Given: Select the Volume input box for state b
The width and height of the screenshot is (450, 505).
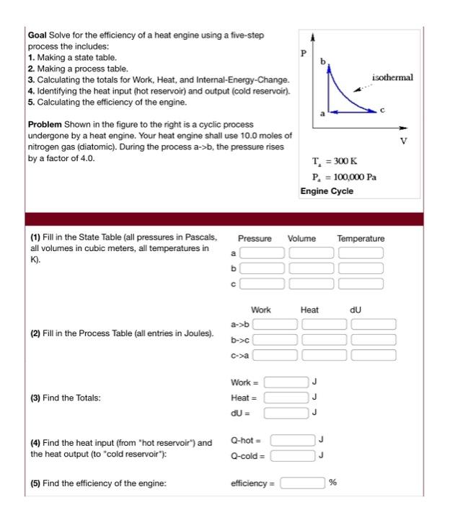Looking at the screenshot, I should click(312, 268).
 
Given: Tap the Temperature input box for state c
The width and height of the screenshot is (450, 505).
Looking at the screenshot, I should click(361, 284).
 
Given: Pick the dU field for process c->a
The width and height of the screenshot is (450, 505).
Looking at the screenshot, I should click(374, 354).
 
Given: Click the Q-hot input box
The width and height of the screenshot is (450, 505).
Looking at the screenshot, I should click(294, 439).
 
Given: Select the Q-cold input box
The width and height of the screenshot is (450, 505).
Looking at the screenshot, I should click(294, 455).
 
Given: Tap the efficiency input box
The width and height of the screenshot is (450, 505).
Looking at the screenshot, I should click(302, 483).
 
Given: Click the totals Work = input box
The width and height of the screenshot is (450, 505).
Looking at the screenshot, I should click(286, 382).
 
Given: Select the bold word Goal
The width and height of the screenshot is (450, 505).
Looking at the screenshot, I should click(37, 35).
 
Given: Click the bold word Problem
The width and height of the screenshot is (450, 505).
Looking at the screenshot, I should click(45, 126).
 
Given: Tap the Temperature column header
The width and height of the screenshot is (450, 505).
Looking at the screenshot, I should click(361, 238).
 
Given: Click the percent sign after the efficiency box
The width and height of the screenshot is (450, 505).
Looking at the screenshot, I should click(333, 483).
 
